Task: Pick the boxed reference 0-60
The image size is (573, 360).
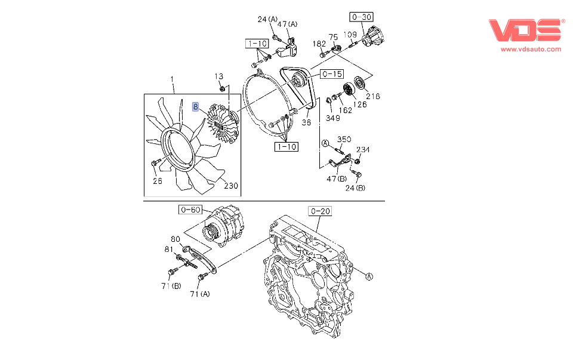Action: [x=191, y=210]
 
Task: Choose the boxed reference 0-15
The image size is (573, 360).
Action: [x=331, y=75]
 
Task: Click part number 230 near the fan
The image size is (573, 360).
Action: [x=230, y=186]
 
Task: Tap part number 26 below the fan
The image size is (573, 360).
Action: [x=157, y=181]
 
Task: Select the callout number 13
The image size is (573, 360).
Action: [x=219, y=76]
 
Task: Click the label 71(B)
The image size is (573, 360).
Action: [x=171, y=287]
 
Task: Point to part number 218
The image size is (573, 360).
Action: [x=373, y=96]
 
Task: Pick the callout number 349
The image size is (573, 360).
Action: [x=332, y=117]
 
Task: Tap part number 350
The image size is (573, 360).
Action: [x=344, y=140]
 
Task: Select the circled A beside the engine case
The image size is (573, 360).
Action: [x=368, y=276]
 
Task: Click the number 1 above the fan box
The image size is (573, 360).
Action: [x=172, y=79]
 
